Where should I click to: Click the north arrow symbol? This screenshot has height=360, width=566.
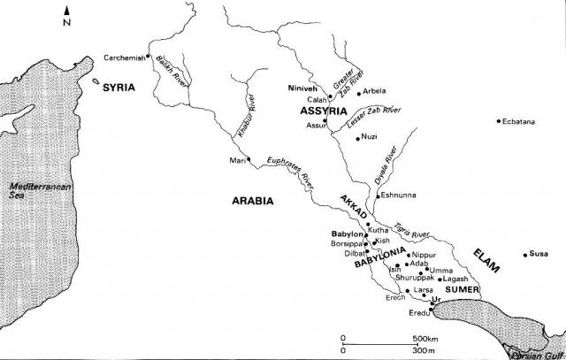pyautogui.click(x=67, y=12)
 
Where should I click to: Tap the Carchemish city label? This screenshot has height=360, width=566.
pyautogui.click(x=124, y=57)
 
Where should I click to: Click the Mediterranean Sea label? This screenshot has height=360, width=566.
pyautogui.click(x=32, y=190)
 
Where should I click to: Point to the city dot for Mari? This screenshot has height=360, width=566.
pyautogui.click(x=249, y=160)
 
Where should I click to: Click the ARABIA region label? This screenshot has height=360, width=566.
pyautogui.click(x=253, y=201)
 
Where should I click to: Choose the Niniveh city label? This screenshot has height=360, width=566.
pyautogui.click(x=303, y=89)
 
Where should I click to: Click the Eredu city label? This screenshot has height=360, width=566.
pyautogui.click(x=418, y=314)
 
